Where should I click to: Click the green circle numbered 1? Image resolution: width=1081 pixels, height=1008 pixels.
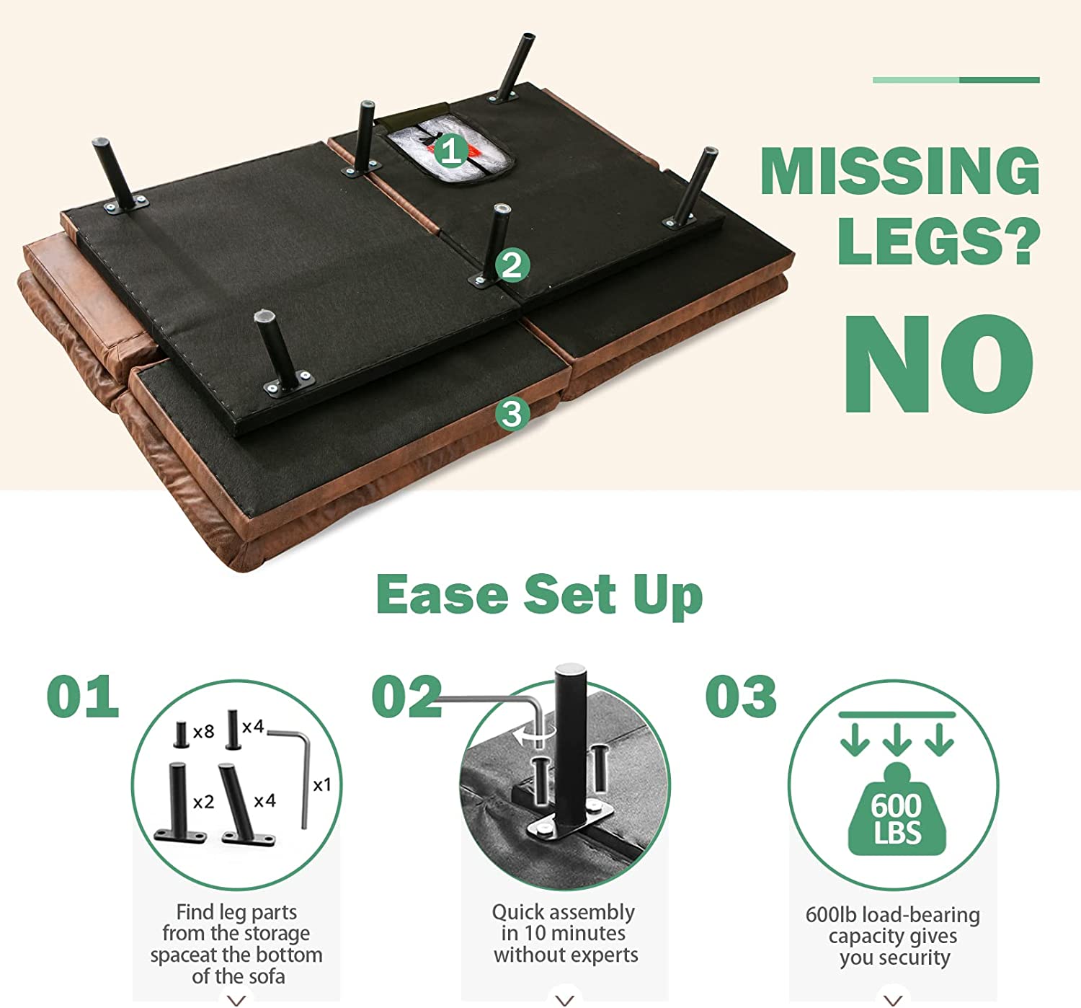click(x=450, y=151)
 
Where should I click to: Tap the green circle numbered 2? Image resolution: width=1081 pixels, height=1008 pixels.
click(x=512, y=265)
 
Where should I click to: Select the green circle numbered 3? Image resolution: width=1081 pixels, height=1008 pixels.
click(x=512, y=414)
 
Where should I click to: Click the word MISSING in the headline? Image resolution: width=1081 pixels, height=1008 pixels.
click(x=899, y=170)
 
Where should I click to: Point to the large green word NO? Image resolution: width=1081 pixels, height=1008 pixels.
click(x=939, y=364)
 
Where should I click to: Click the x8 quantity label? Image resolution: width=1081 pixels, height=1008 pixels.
click(x=203, y=732)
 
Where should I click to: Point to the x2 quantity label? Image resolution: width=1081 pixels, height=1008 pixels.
click(x=203, y=802)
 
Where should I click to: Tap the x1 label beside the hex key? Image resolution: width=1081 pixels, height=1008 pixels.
click(x=322, y=784)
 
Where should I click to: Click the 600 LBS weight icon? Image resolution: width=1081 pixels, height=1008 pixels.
click(x=897, y=810)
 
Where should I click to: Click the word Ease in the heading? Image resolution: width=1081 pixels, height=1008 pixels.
click(x=442, y=595)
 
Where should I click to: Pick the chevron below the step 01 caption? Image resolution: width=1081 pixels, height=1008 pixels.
click(x=237, y=1000)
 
